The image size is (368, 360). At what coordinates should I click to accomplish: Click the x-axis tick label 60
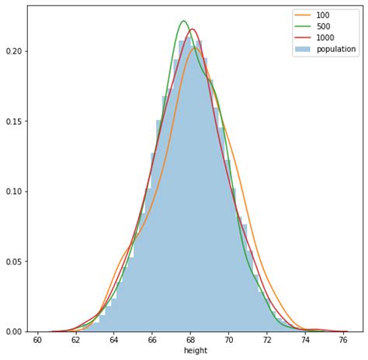[x=37, y=340]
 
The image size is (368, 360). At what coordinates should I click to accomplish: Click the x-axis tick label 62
[x=75, y=340]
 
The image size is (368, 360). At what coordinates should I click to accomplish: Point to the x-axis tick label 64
[x=114, y=340]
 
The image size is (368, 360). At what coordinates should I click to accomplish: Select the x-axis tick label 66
[x=152, y=340]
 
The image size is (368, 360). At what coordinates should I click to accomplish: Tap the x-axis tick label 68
[x=191, y=340]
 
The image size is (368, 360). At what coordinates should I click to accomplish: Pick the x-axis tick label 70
[x=229, y=340]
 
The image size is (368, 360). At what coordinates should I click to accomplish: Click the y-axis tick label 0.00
[x=13, y=332]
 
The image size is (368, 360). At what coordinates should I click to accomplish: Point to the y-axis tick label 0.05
[x=13, y=261]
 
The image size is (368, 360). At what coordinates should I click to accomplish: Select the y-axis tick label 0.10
[x=13, y=192]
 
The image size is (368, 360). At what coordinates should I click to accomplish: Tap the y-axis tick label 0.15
[x=13, y=121]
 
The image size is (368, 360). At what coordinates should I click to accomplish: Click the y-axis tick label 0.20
[x=13, y=51]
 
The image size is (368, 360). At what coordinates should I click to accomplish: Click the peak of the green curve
[x=184, y=21]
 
